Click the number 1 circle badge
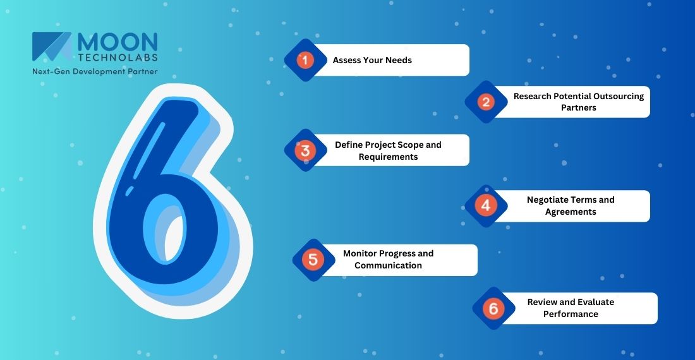(305, 61)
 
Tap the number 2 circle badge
(486, 102)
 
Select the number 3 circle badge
(305, 150)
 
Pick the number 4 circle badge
(485, 206)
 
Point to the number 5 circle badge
(313, 260)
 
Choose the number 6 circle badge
(493, 308)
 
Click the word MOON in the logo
(118, 41)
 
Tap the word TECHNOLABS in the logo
(117, 57)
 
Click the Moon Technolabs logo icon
(52, 47)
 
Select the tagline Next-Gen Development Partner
(95, 71)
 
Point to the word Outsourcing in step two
(619, 96)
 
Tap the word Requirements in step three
(388, 157)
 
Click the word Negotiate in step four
(548, 200)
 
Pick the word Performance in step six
(571, 314)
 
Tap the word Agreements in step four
(571, 212)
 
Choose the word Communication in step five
(388, 265)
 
